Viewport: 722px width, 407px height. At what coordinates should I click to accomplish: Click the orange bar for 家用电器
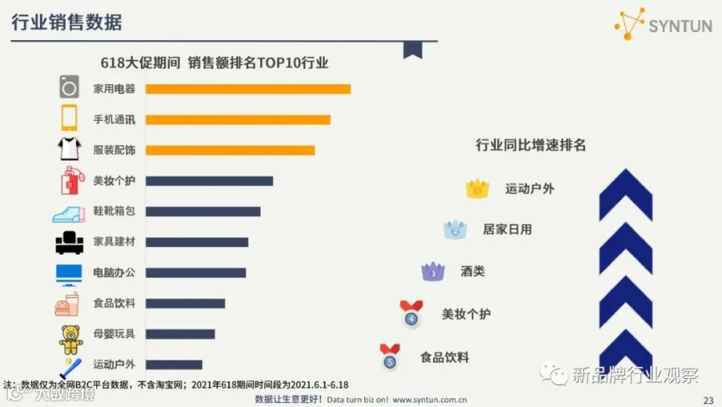248,89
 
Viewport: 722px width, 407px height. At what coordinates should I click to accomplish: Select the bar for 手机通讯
238,120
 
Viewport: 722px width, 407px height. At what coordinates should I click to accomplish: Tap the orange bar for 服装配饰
230,150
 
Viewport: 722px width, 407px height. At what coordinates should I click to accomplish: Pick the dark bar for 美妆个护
209,181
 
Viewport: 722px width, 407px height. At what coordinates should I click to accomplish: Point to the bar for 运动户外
174,364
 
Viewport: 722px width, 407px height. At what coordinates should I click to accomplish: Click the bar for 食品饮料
185,303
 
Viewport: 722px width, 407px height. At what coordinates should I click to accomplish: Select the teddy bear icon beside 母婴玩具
71,340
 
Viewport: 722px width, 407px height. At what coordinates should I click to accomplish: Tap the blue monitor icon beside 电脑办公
69,275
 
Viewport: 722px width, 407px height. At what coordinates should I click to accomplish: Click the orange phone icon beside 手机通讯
69,118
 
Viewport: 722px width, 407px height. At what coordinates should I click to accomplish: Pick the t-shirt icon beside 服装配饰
70,149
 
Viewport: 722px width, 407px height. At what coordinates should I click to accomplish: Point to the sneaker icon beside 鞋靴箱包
69,214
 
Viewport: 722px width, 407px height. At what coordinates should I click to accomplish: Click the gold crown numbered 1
477,188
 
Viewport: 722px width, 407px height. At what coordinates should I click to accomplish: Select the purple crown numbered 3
433,271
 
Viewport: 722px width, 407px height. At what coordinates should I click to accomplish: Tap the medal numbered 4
412,314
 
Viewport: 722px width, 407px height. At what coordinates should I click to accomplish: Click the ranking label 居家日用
507,229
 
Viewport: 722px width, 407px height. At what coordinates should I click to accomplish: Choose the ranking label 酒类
473,271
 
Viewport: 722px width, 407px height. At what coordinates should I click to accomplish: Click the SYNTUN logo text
680,26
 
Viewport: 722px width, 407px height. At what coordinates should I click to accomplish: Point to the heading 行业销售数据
67,22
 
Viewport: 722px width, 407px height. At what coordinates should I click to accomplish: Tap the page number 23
708,401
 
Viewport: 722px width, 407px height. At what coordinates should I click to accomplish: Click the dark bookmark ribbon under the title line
412,50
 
